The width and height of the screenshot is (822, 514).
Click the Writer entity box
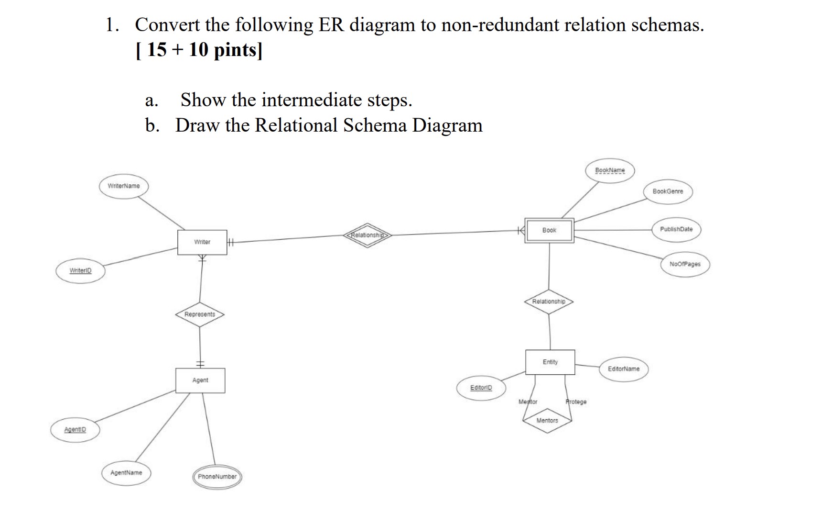(202, 242)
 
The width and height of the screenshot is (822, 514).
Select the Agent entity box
(200, 380)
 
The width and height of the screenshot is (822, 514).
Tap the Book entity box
(549, 230)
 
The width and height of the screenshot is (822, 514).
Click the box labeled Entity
(550, 362)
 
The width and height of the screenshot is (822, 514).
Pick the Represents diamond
(200, 314)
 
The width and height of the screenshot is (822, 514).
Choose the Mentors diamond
(547, 421)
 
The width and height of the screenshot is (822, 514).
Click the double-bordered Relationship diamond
(367, 235)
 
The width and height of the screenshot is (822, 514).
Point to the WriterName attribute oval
(124, 186)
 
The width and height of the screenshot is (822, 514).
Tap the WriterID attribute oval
(80, 271)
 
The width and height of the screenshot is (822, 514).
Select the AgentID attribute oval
(75, 430)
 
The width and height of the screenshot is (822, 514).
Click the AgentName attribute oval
(126, 473)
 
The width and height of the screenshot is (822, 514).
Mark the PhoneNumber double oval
(217, 477)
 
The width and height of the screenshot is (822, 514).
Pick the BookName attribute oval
(610, 170)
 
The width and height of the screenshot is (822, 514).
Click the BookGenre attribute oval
(668, 191)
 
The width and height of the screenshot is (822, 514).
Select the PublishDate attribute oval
(676, 229)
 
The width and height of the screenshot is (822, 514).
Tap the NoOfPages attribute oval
(685, 264)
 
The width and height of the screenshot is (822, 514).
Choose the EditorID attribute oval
(481, 388)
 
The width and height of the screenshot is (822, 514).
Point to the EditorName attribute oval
(623, 369)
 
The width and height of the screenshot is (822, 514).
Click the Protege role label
(576, 402)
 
